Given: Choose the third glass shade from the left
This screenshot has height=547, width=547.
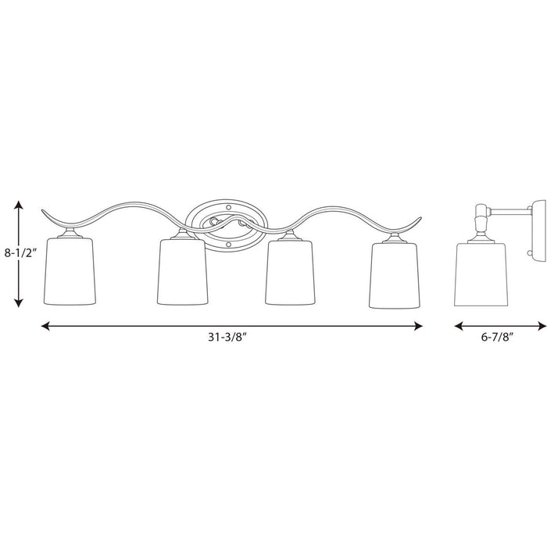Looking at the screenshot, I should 289,269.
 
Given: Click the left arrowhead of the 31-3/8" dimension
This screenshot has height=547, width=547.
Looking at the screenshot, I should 45,326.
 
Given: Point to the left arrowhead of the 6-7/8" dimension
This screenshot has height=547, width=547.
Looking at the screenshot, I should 459,326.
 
